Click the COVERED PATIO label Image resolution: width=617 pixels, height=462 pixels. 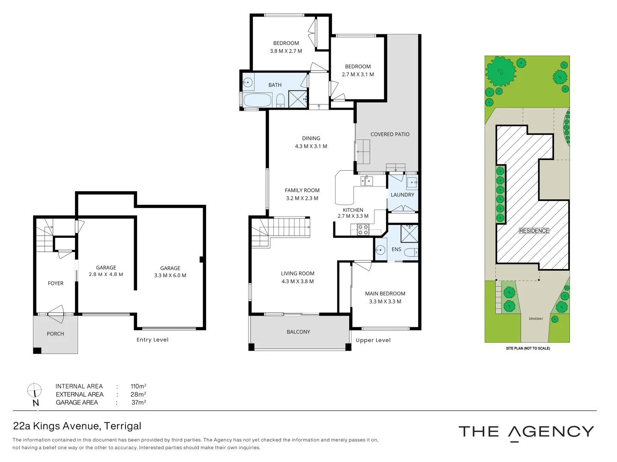(390, 134)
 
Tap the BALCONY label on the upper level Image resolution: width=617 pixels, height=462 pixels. (298, 332)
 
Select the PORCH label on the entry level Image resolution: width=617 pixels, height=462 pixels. (55, 334)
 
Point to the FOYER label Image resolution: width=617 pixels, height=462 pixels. (56, 284)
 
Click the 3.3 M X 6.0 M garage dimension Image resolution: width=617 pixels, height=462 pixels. (170, 275)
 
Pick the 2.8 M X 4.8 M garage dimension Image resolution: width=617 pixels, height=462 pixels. (106, 275)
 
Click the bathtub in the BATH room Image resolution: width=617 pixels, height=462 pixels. (258, 101)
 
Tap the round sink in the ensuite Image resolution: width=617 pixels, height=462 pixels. (380, 250)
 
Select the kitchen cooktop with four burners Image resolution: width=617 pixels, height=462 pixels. (363, 230)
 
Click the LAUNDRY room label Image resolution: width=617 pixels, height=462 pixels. (402, 195)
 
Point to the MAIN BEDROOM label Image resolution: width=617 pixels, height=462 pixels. (385, 294)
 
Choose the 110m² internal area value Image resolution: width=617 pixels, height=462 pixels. (138, 386)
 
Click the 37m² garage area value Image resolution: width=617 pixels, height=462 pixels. (138, 403)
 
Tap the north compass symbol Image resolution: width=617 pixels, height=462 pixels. (34, 391)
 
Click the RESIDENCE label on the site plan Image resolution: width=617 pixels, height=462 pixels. (534, 231)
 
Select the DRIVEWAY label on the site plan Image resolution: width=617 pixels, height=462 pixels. (536, 319)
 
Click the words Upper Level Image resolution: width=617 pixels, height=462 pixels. (373, 341)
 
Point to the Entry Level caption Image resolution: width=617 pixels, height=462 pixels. (153, 340)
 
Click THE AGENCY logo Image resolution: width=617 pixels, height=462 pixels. (526, 432)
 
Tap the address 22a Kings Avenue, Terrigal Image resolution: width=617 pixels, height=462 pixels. (77, 426)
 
